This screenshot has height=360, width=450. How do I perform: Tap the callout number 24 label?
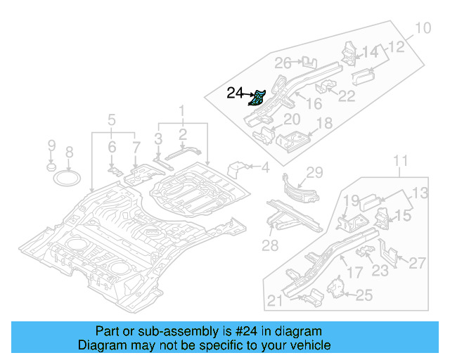tap(235, 92)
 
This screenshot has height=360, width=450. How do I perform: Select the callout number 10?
tap(422, 29)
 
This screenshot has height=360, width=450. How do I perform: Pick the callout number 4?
tap(265, 167)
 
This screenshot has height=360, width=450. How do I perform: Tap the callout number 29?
tap(314, 172)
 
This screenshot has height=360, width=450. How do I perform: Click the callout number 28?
tap(271, 245)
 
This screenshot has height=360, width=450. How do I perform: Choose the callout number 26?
tap(283, 63)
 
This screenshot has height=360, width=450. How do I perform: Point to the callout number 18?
tap(324, 124)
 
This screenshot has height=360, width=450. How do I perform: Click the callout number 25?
tap(364, 295)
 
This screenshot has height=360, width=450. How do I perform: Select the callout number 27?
tap(417, 263)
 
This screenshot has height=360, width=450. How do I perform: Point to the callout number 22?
tap(347, 96)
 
